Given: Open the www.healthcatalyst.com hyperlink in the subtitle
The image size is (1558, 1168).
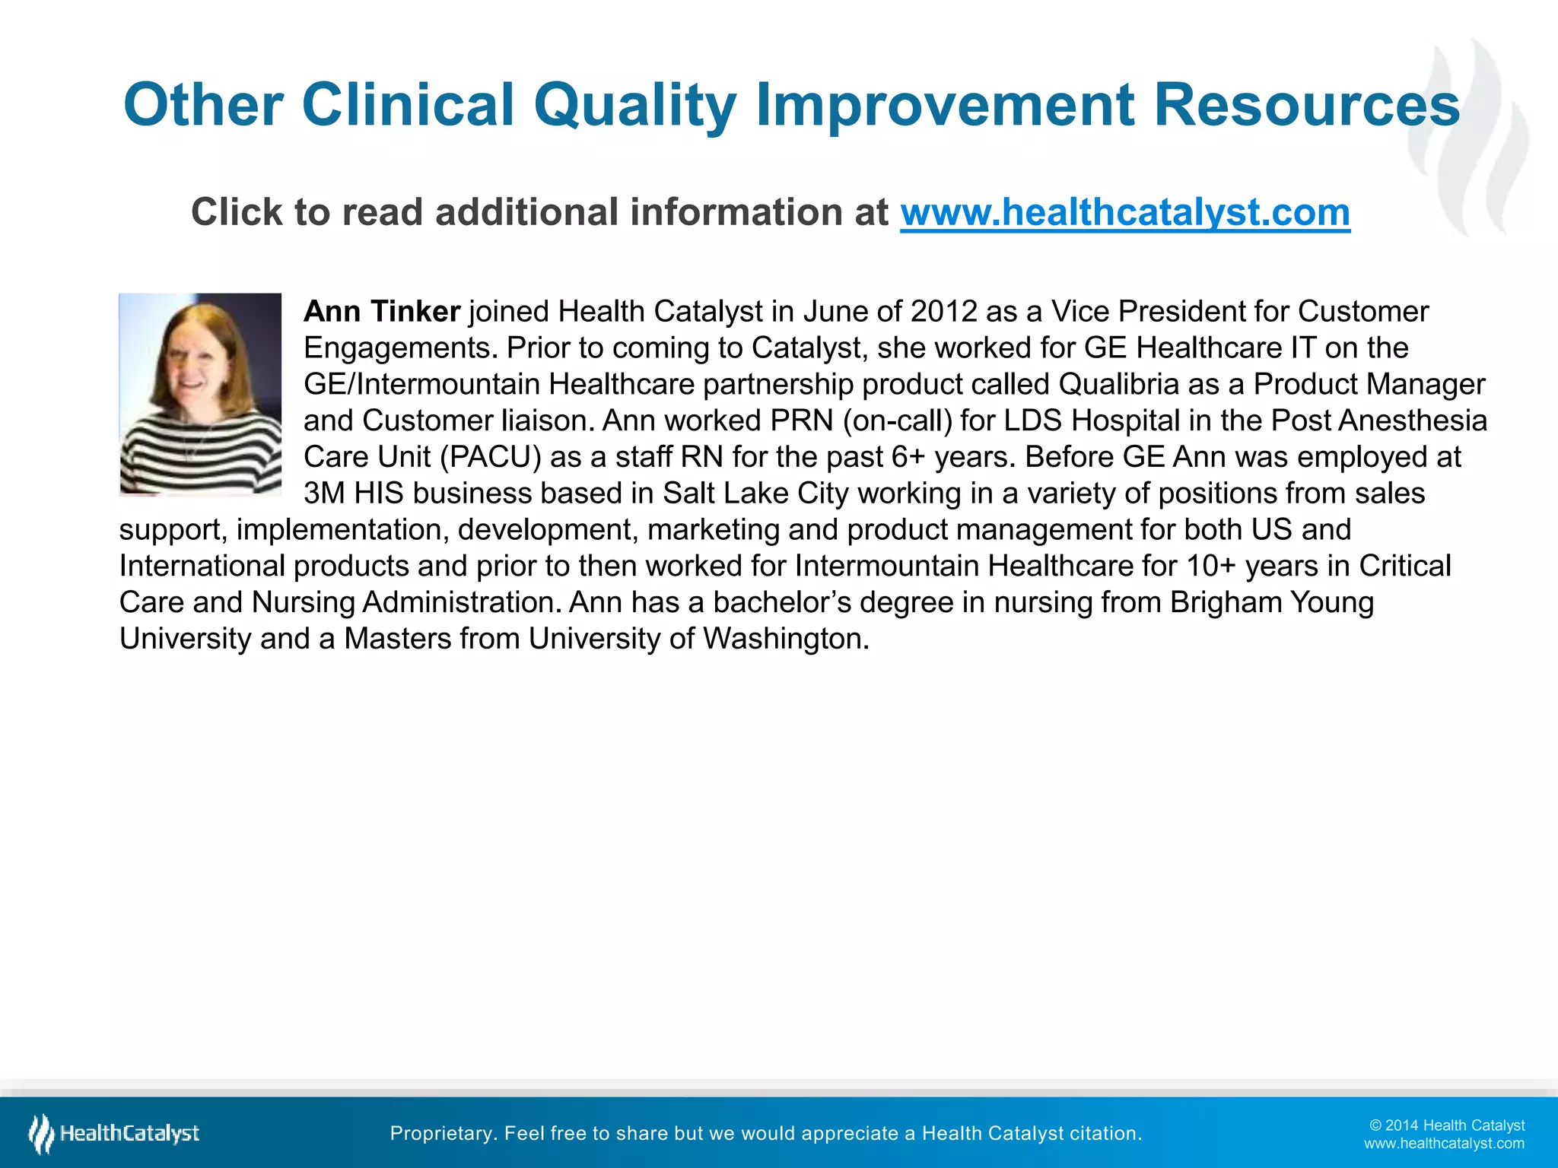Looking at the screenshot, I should (x=1124, y=212).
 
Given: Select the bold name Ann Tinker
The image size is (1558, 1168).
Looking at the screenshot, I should (x=382, y=312).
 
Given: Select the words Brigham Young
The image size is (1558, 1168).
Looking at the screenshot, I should (x=1271, y=602).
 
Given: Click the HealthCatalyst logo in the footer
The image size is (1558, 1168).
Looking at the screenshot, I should (x=114, y=1133).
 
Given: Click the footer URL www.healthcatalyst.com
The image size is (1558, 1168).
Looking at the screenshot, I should (x=1443, y=1144).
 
